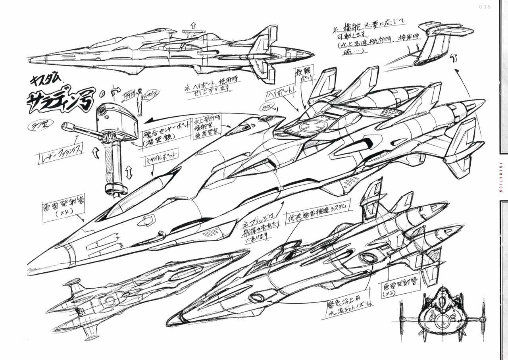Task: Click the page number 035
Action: point(485,7)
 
